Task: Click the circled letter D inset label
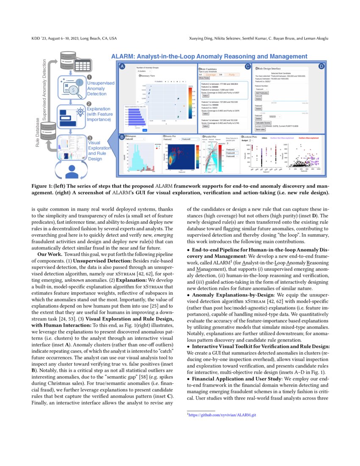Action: point(321,67)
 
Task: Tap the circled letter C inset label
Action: point(248,67)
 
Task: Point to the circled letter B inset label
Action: point(122,137)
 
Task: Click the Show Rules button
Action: point(204,78)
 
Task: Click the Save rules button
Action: point(260,129)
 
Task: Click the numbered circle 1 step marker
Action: point(89,77)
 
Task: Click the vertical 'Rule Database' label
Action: point(38,133)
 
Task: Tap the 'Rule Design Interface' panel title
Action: point(272,68)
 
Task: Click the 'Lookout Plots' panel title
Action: point(253,137)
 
